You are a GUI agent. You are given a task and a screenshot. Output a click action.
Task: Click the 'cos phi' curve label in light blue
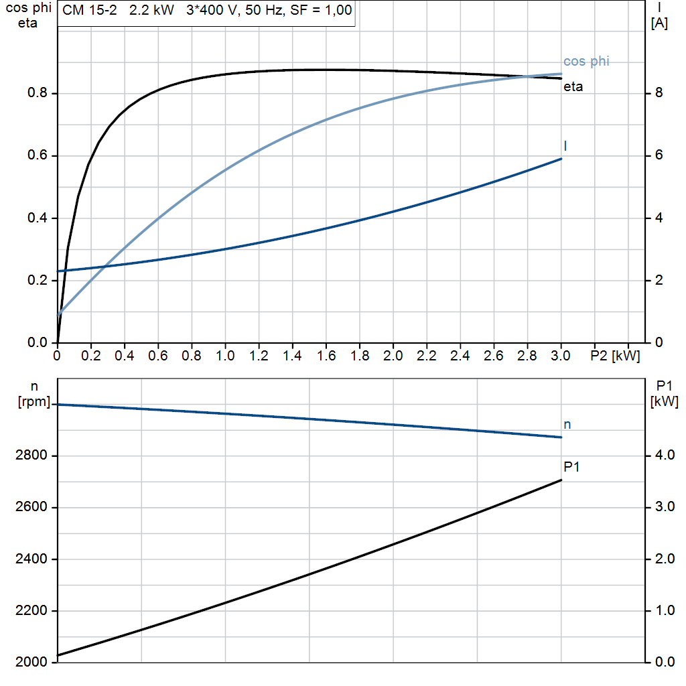586,62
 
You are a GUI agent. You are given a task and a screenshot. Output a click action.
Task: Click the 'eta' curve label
573,86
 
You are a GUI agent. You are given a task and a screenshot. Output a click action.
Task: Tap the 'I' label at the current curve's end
566,145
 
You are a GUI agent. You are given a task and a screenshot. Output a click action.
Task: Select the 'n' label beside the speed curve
567,424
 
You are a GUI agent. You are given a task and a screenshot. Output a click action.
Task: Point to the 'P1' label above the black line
571,466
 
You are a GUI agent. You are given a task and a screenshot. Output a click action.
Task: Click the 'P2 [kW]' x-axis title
615,356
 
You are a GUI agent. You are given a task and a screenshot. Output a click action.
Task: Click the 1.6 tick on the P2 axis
326,356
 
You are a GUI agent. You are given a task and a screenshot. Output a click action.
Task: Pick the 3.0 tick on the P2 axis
560,356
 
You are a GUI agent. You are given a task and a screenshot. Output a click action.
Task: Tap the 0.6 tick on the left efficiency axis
37,155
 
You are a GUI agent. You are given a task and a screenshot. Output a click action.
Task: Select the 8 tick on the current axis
659,93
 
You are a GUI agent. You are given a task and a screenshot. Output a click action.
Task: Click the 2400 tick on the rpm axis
31,559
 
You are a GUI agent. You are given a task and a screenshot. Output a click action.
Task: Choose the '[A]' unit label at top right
659,23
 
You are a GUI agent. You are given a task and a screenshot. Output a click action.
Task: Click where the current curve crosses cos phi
96,267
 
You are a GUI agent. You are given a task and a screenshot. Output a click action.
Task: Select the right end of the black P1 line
561,480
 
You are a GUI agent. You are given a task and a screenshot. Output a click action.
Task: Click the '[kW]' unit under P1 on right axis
664,402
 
